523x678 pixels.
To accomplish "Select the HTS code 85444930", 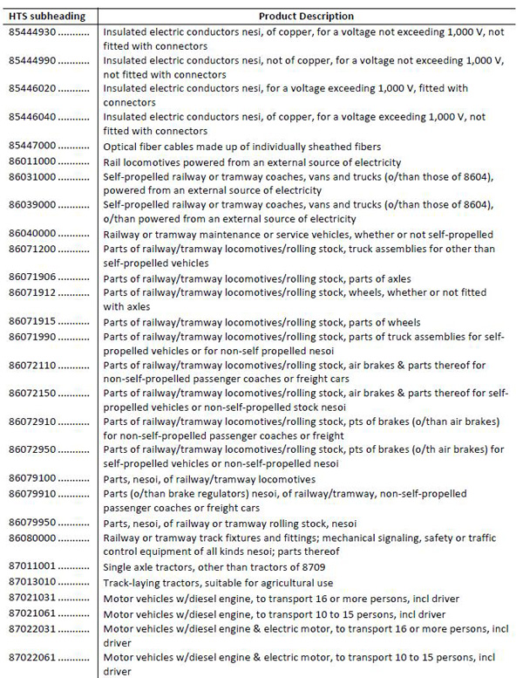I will pyautogui.click(x=36, y=31).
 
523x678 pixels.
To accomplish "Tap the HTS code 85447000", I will pyautogui.click(x=36, y=146).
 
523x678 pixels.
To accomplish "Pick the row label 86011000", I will pyautogui.click(x=36, y=161).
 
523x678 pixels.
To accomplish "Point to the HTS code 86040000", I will pyautogui.click(x=36, y=234).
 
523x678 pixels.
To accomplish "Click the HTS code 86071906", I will pyautogui.click(x=36, y=278).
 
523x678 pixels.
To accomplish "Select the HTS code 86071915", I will pyautogui.click(x=36, y=322).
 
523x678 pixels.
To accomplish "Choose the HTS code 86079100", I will pyautogui.click(x=36, y=478).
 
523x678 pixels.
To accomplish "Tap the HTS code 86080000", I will pyautogui.click(x=36, y=538).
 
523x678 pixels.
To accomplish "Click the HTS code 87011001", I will pyautogui.click(x=36, y=566).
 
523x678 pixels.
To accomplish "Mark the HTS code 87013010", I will pyautogui.click(x=36, y=581).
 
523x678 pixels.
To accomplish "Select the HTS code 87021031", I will pyautogui.click(x=36, y=597).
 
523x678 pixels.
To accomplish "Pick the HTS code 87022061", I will pyautogui.click(x=36, y=655).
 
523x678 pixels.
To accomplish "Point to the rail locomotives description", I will pyautogui.click(x=252, y=161).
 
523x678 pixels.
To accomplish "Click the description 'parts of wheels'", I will pyautogui.click(x=261, y=322).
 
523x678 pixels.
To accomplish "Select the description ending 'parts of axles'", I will pyautogui.click(x=259, y=278).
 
